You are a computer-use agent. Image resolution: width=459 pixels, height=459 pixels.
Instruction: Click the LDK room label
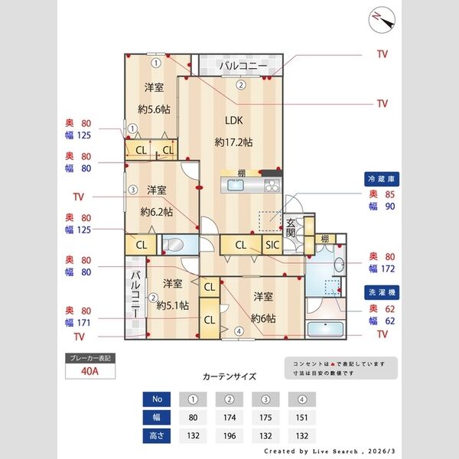[233, 119]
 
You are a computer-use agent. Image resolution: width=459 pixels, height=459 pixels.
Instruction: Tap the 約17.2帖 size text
[233, 142]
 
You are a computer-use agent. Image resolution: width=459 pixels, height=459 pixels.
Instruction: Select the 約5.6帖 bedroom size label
[154, 109]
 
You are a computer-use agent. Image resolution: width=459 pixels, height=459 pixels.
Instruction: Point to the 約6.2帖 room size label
[157, 211]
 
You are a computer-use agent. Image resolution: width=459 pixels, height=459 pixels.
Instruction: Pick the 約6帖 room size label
[263, 317]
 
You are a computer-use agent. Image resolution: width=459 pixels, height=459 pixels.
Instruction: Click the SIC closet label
[272, 246]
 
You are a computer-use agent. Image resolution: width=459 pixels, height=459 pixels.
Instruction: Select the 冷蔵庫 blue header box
[381, 178]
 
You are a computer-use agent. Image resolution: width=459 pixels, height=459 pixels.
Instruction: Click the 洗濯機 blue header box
[381, 293]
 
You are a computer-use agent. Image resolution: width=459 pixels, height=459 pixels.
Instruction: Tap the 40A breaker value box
[91, 373]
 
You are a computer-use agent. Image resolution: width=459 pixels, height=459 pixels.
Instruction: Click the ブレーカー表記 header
[91, 358]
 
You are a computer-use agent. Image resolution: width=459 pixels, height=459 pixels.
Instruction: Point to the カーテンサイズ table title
[229, 377]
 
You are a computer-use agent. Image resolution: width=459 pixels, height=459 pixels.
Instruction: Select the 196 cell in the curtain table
[229, 435]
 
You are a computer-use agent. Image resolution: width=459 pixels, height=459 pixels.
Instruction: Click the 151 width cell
[302, 417]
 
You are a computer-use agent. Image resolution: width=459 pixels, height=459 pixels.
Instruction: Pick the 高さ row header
[157, 435]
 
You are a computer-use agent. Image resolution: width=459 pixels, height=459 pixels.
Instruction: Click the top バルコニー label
[243, 66]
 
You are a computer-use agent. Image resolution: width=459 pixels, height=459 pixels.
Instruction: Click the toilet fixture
[172, 246]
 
